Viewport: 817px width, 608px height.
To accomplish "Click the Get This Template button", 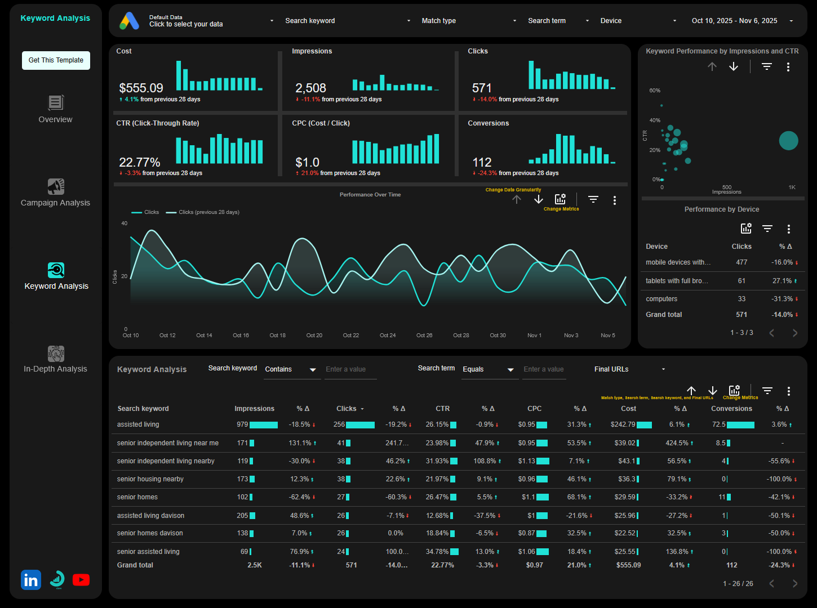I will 56,60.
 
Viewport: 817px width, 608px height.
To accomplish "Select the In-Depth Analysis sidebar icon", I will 56,354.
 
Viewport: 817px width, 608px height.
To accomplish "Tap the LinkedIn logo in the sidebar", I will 31,580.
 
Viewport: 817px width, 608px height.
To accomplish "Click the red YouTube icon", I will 81,580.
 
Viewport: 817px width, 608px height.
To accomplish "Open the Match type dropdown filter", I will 468,21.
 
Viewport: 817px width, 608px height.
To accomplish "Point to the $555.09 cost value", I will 141,88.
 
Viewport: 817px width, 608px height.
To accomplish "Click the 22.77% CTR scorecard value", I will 139,163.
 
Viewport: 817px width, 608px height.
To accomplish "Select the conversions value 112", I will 482,163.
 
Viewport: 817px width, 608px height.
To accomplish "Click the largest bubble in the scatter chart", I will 788,140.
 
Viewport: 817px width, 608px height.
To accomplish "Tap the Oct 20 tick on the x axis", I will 314,336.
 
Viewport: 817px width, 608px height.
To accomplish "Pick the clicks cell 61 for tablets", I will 741,281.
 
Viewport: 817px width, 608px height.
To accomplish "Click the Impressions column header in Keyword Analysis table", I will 254,409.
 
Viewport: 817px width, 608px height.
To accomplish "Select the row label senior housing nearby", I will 150,479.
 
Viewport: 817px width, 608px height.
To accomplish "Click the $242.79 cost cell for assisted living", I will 623,424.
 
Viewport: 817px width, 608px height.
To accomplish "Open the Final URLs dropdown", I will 629,369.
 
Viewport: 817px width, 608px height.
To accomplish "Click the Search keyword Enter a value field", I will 349,369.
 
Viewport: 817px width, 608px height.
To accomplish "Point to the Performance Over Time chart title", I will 370,195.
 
